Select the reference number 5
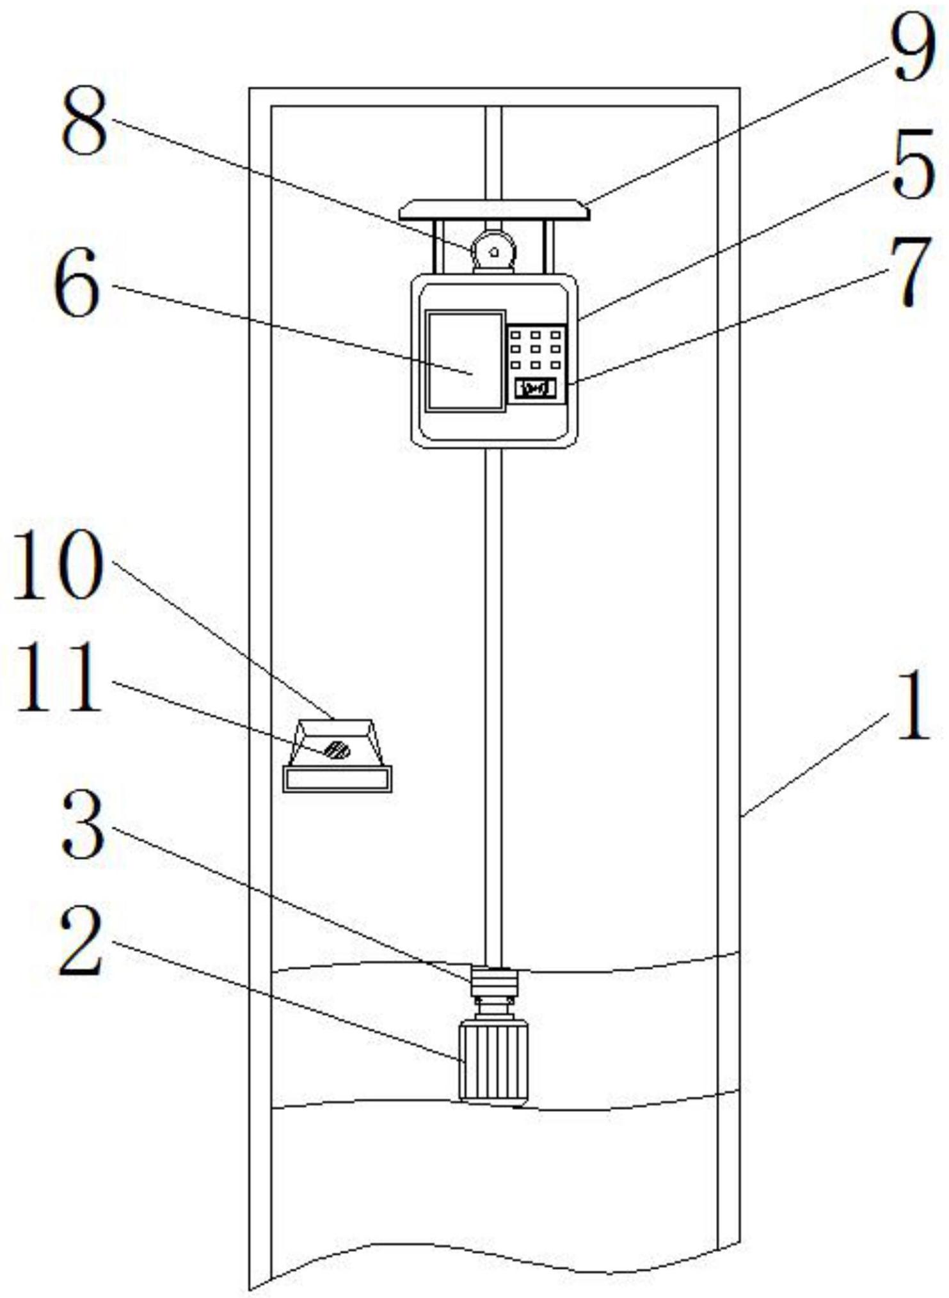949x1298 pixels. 913,165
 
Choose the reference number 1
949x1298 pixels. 912,707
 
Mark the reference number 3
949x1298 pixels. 84,825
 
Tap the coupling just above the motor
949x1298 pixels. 493,983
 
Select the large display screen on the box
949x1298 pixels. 465,360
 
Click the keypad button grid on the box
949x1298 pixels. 536,350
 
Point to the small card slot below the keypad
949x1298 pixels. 536,388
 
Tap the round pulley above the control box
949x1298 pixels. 493,251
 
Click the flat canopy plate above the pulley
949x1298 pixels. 493,210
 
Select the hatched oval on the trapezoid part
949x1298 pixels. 337,750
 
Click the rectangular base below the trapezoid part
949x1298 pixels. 337,779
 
